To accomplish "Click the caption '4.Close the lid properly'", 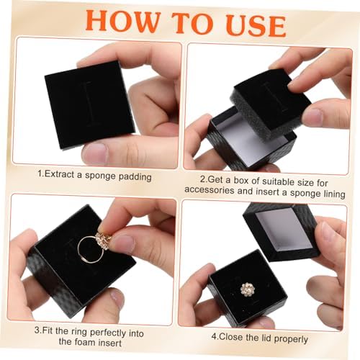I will tap(259, 337).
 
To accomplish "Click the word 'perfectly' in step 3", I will tap(122, 333).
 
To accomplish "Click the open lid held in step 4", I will tap(281, 230).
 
